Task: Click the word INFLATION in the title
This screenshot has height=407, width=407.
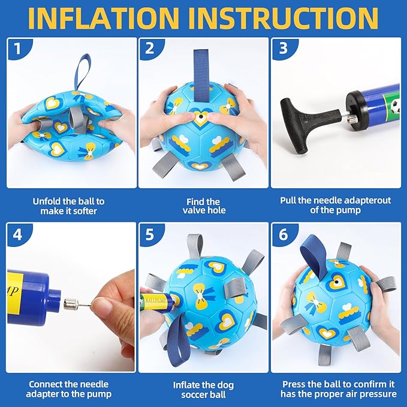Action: click(x=104, y=18)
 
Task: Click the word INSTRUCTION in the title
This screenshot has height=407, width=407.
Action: click(x=285, y=18)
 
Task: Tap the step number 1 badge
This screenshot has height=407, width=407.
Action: click(x=18, y=49)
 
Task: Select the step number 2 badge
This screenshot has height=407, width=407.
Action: click(x=150, y=49)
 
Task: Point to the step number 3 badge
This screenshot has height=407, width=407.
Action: click(x=284, y=49)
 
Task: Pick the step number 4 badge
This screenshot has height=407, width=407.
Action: click(x=17, y=234)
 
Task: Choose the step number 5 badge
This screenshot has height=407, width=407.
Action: click(x=150, y=234)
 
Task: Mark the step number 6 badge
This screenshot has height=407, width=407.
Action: click(x=284, y=234)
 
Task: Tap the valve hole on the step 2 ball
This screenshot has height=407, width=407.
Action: click(x=200, y=117)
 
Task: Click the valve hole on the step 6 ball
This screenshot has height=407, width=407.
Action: click(x=336, y=282)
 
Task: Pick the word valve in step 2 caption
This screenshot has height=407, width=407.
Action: click(x=192, y=210)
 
